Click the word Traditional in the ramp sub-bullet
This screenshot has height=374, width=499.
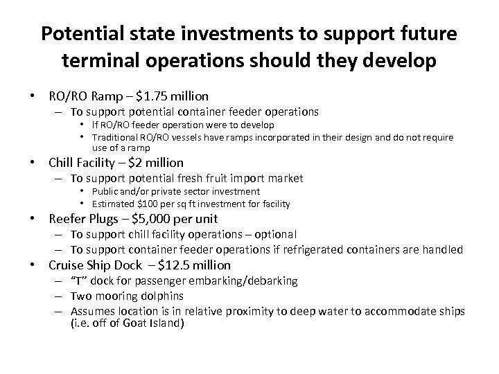pos(121,137)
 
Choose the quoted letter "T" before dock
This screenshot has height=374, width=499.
pos(80,280)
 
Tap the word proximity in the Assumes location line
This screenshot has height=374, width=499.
pos(226,311)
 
